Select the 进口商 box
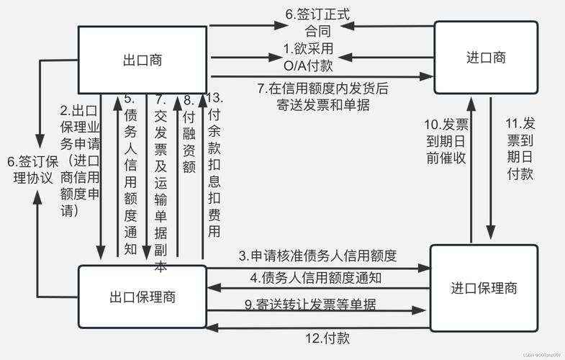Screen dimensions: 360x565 (485, 58)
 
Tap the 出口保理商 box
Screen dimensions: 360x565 (142, 296)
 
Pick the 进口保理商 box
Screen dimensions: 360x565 (484, 289)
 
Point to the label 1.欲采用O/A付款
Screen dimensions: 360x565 (312, 57)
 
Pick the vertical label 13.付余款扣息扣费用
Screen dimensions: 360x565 (214, 164)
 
